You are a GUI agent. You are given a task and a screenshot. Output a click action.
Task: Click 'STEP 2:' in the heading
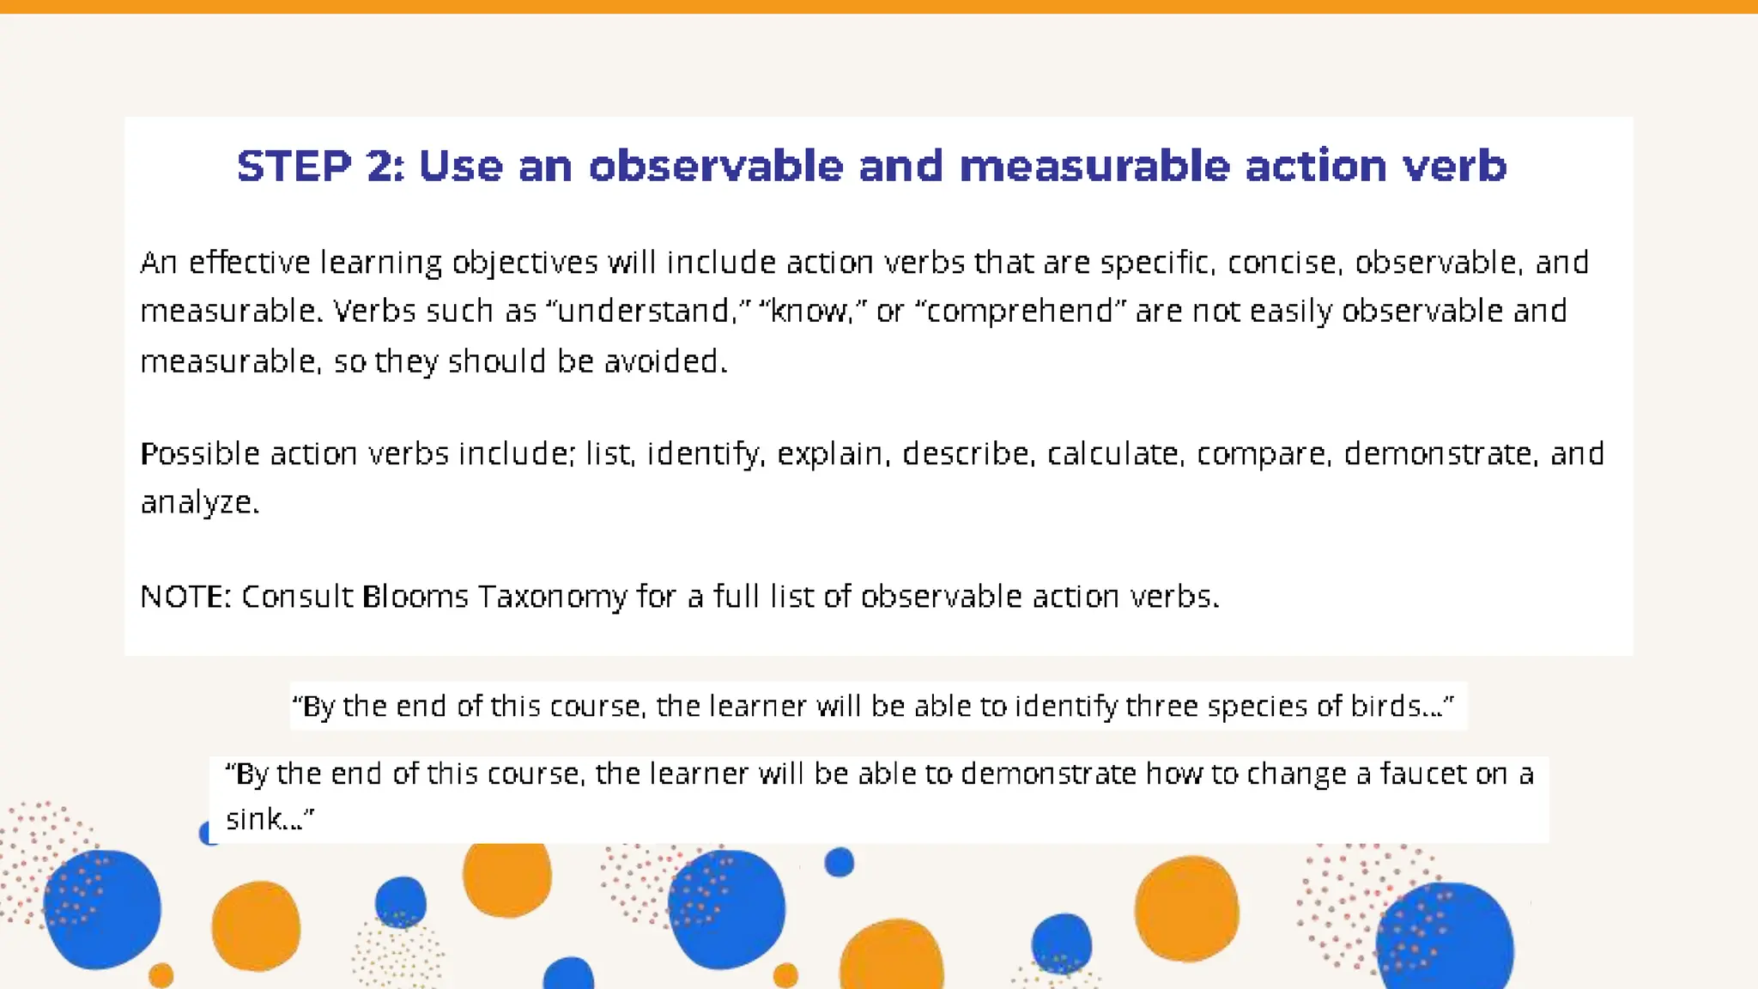click(x=320, y=166)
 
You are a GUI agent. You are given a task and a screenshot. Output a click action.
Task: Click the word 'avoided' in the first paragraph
click(x=662, y=361)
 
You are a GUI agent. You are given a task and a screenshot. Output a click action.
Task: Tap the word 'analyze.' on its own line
click(x=199, y=502)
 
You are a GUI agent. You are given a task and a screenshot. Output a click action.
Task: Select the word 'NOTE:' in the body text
click(x=185, y=596)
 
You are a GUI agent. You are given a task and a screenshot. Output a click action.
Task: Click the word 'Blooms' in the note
click(x=415, y=596)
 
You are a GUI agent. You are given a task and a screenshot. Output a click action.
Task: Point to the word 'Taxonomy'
click(x=552, y=596)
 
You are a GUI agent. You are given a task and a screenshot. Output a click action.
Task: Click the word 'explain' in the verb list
click(x=829, y=453)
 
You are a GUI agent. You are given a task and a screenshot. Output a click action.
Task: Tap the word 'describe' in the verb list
click(x=965, y=453)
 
